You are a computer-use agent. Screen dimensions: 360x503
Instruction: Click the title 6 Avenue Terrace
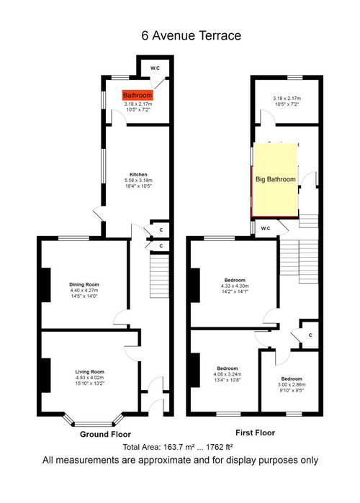click(x=192, y=35)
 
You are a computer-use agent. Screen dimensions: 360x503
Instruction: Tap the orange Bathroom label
click(x=138, y=95)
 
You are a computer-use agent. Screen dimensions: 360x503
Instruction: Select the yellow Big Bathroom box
click(x=275, y=179)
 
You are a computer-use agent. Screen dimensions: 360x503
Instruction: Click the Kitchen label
click(x=138, y=175)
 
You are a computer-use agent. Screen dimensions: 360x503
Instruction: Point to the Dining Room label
click(x=84, y=284)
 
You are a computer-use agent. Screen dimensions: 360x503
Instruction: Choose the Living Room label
click(x=90, y=372)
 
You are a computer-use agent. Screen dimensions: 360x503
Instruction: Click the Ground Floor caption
click(x=105, y=435)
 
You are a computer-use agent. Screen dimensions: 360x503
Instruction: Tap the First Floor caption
click(x=255, y=432)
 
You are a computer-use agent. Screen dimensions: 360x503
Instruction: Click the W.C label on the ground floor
click(x=155, y=68)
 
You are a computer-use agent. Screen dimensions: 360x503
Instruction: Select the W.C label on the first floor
click(x=266, y=228)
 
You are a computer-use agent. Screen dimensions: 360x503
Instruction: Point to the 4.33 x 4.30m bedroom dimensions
click(x=235, y=286)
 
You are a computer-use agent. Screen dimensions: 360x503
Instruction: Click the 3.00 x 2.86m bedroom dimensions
click(x=292, y=385)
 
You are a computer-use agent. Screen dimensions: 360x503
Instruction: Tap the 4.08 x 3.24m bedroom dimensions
click(x=228, y=374)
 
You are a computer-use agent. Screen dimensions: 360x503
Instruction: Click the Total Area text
click(x=178, y=447)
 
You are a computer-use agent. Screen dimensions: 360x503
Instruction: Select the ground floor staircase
click(x=159, y=276)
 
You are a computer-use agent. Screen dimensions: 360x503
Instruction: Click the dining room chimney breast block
click(x=46, y=285)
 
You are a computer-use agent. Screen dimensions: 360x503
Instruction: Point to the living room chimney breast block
click(x=46, y=376)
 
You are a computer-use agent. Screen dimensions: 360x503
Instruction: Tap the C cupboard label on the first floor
click(x=310, y=335)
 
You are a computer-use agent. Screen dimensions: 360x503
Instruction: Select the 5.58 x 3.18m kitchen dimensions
click(x=138, y=181)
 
